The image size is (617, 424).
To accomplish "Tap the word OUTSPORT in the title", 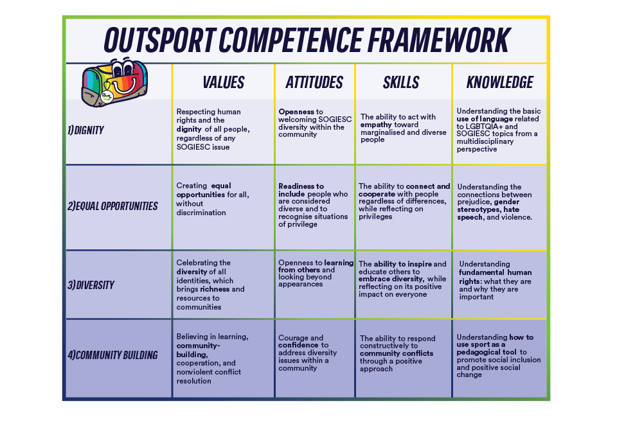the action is pos(160,40).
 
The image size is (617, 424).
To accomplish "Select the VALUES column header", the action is pos(224,83).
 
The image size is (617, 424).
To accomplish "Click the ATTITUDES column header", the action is pos(314,83).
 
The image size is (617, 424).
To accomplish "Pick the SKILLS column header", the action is pos(401,83).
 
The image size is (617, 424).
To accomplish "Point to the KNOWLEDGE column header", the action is pos(500,83).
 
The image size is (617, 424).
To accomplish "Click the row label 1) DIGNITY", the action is pos(85,130).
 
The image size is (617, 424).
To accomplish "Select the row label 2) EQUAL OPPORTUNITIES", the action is pos(112,206).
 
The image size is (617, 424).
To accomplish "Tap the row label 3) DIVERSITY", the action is pos(91,285).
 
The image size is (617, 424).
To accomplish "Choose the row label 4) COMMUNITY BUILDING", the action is pos(112,355).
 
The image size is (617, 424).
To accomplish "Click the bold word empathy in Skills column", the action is pos(376,125).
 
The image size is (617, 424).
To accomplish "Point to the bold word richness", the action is pos(215,289).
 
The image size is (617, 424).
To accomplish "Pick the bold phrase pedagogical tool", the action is pos(487,352).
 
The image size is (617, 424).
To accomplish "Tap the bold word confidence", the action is pos(298,345).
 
